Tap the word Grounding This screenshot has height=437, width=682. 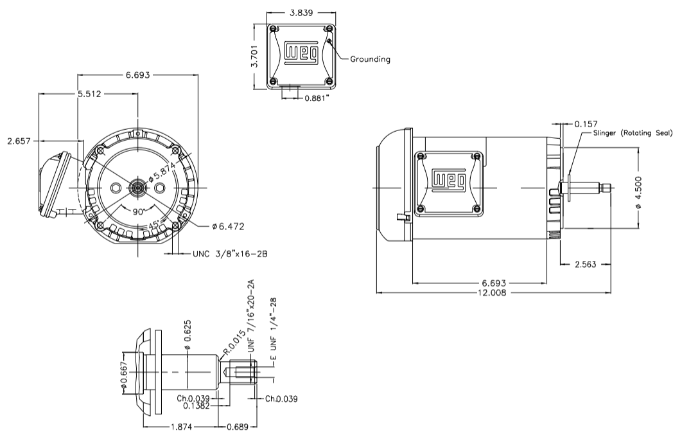tap(370, 59)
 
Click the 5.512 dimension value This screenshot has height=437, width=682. tap(91, 93)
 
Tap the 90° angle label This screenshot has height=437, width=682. tap(137, 211)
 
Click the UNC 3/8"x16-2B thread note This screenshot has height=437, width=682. tap(229, 254)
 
